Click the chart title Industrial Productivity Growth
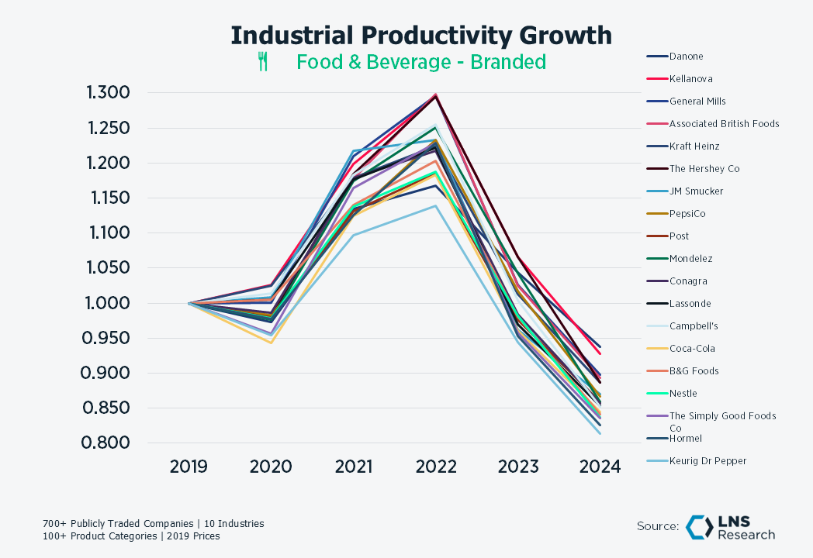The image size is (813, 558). [x=421, y=36]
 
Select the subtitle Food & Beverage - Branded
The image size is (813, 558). [x=421, y=62]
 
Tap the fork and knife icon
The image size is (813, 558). [x=263, y=62]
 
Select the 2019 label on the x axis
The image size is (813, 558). [x=189, y=467]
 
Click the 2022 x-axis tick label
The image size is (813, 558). [x=435, y=467]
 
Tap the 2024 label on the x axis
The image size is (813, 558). [x=600, y=467]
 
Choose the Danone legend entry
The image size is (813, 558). [x=686, y=56]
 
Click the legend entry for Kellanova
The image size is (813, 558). [x=690, y=78]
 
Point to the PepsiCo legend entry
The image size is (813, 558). [x=687, y=213]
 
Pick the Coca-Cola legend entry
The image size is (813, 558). [x=692, y=348]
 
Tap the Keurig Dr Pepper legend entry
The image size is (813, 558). [x=707, y=460]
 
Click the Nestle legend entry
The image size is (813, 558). [x=683, y=393]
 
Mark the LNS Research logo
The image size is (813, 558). [x=730, y=527]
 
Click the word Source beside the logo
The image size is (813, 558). [x=658, y=526]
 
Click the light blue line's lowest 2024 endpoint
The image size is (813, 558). [x=600, y=432]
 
